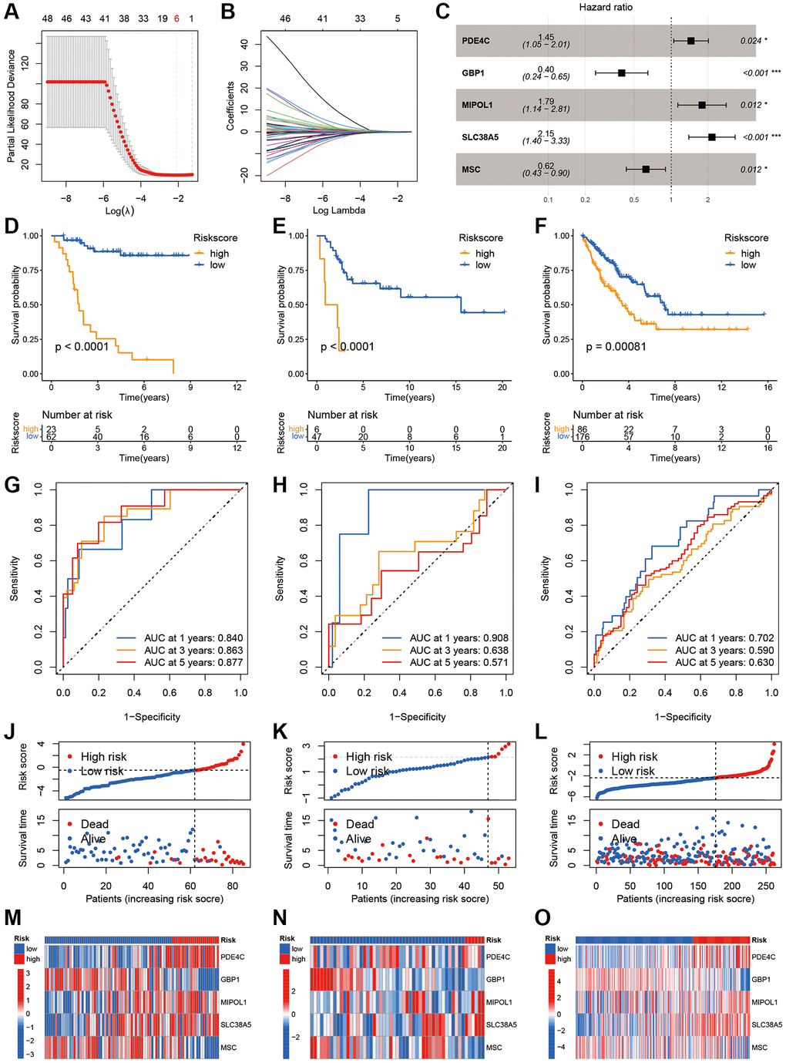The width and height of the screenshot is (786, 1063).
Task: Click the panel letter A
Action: (12, 13)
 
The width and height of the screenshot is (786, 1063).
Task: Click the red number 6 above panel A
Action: (176, 19)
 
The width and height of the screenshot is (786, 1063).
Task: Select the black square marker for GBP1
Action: (621, 73)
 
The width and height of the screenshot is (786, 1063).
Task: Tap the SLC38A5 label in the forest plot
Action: (480, 137)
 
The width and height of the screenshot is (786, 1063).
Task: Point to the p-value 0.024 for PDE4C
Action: (751, 41)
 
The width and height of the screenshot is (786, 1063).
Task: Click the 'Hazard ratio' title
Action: (606, 7)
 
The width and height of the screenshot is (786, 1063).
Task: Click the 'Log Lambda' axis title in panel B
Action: (339, 210)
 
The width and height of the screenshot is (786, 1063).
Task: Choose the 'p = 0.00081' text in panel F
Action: (616, 347)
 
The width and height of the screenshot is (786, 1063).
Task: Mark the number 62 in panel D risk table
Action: (52, 437)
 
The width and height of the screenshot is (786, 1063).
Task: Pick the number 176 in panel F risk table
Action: (583, 437)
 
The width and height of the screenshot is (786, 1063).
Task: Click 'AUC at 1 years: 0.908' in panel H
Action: (458, 638)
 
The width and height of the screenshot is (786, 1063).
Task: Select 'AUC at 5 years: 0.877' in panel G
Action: (193, 662)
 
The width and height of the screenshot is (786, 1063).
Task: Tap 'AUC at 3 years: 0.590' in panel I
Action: (724, 650)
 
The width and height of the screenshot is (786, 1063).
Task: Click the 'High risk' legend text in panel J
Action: (103, 757)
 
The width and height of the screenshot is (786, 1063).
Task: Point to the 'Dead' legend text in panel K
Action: (360, 824)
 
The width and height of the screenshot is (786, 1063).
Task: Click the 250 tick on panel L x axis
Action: (765, 886)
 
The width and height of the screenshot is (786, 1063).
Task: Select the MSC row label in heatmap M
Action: (229, 1048)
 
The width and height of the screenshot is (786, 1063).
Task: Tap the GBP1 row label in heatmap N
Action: (495, 980)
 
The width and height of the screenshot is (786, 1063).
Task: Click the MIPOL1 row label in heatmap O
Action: (764, 1002)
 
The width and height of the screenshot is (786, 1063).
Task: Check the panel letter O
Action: (542, 918)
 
